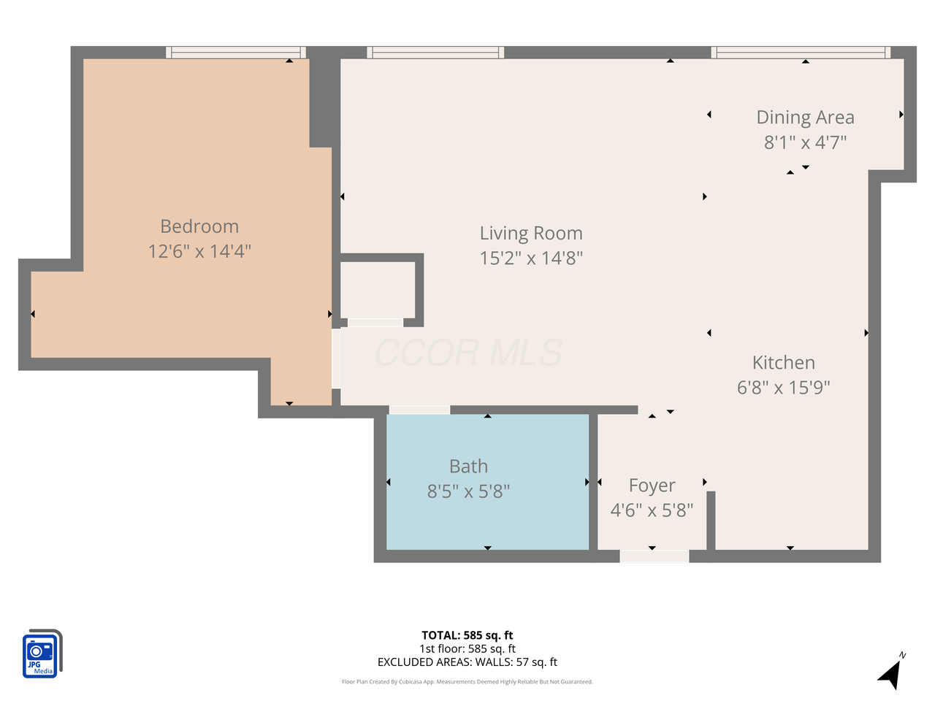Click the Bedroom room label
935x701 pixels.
(x=199, y=226)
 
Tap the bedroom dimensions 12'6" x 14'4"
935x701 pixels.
(x=199, y=251)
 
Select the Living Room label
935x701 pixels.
(x=531, y=233)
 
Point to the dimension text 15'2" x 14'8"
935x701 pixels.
(x=531, y=258)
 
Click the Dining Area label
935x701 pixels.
(x=805, y=118)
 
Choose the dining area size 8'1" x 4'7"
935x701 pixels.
(x=805, y=142)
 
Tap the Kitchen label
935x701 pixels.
(x=783, y=363)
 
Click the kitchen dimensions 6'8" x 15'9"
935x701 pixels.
(x=783, y=387)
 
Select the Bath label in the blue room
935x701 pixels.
(x=468, y=467)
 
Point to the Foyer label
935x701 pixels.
(x=652, y=486)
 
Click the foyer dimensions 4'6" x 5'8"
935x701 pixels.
(x=652, y=510)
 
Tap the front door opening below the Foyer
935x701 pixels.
(x=654, y=556)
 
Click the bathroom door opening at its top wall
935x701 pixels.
(x=419, y=410)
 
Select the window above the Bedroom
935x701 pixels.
(x=235, y=53)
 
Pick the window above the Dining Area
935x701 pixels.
(x=801, y=53)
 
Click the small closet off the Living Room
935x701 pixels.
(x=378, y=290)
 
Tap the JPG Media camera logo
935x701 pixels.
(x=42, y=654)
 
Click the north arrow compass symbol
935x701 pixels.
(x=891, y=672)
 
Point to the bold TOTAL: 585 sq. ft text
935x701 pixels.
(x=467, y=635)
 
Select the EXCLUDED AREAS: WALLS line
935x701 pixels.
(x=467, y=662)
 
